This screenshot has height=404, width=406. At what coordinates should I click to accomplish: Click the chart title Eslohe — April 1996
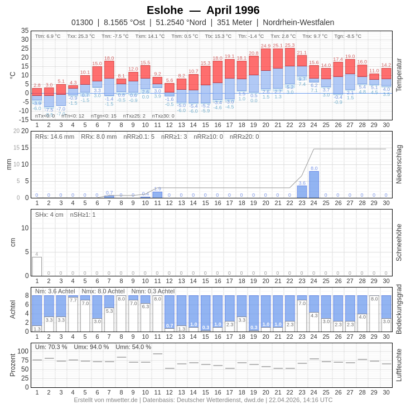(x=203, y=10)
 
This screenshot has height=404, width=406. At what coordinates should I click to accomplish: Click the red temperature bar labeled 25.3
(x=289, y=57)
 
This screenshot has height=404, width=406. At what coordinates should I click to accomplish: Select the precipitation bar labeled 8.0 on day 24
(x=314, y=184)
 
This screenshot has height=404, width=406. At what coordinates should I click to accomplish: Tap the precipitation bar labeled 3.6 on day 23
(x=302, y=192)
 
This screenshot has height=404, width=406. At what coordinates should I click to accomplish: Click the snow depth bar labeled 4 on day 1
(x=37, y=266)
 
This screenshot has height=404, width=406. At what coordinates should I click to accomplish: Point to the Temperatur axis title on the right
(x=399, y=75)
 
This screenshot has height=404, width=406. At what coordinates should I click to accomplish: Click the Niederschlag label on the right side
(x=399, y=164)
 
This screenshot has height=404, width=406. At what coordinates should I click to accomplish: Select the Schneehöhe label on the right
(x=399, y=242)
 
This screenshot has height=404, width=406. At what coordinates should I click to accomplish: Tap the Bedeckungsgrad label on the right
(x=399, y=309)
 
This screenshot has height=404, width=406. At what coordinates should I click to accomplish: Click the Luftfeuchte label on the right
(x=399, y=365)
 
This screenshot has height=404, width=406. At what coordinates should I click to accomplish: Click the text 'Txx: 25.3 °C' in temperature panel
(x=81, y=36)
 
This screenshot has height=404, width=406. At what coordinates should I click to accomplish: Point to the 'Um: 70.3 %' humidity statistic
(x=51, y=347)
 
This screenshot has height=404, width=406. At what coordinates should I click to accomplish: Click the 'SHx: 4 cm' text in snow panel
(x=49, y=215)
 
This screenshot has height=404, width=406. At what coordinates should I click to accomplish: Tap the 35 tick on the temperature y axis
(x=25, y=31)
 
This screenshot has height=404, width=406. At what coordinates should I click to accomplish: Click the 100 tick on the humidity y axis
(x=23, y=351)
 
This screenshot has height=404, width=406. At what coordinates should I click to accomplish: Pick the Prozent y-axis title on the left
(x=13, y=365)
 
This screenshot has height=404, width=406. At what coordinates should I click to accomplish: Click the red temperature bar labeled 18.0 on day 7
(x=109, y=70)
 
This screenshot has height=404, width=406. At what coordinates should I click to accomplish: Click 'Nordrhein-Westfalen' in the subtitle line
(x=298, y=22)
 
